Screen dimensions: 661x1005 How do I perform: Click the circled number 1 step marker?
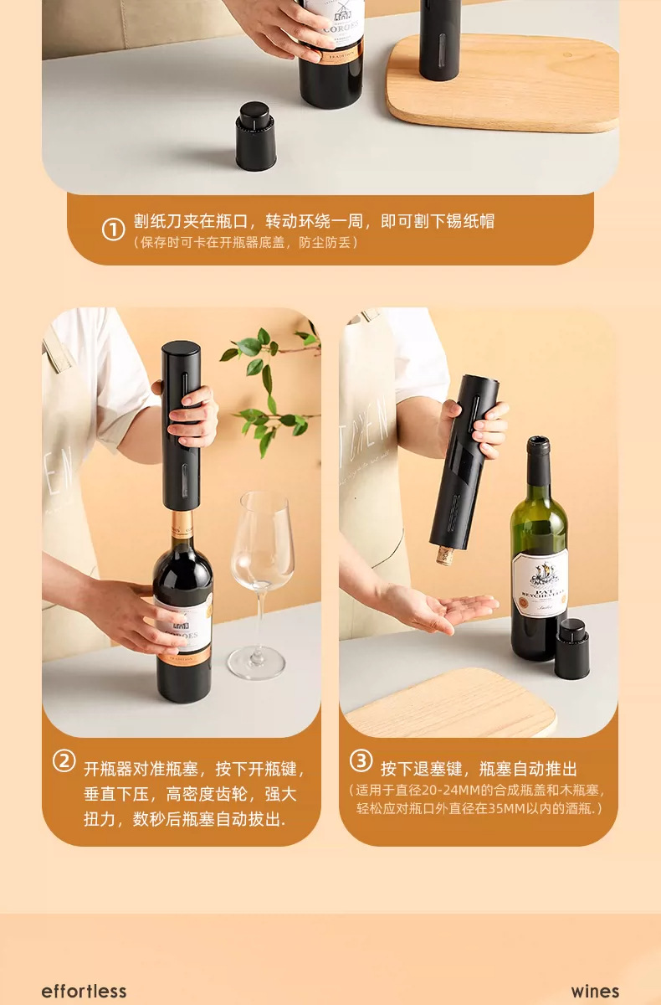pos(114,229)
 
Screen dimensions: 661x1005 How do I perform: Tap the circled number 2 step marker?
pos(64,761)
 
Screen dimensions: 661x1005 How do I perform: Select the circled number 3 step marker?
pos(361,760)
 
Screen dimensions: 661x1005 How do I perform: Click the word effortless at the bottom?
pos(84,991)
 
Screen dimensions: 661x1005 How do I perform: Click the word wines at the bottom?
pos(595,991)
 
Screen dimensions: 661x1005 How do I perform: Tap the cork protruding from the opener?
pos(445,554)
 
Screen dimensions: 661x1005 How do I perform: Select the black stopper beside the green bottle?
pos(571,648)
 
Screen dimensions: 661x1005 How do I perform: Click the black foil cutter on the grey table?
pos(256,136)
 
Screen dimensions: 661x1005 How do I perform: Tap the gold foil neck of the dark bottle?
pos(182,529)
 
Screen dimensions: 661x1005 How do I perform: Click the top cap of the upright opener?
pos(181,348)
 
